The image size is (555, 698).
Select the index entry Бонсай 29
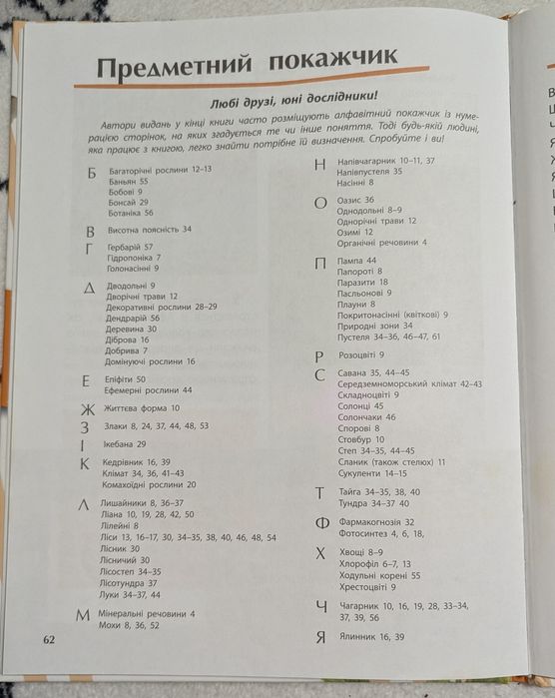point(128,201)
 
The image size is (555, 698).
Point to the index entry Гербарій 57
point(131,246)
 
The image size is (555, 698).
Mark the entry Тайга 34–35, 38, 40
point(379,491)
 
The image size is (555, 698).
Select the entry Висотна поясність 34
point(149,229)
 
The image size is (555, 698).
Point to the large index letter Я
point(319,637)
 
